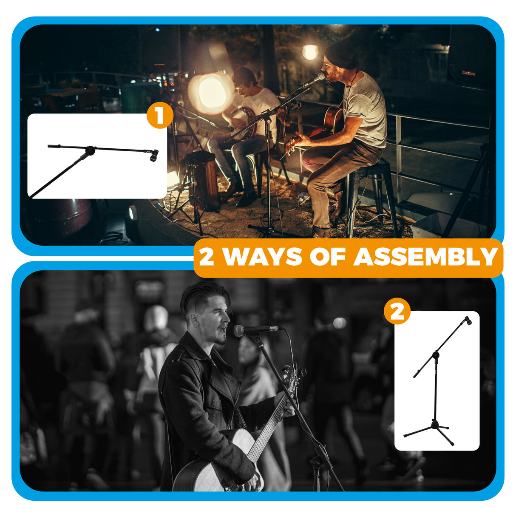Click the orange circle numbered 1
pyautogui.click(x=160, y=116)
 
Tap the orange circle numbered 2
pyautogui.click(x=397, y=311)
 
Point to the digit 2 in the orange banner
pyautogui.click(x=207, y=257)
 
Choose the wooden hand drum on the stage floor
pyautogui.click(x=204, y=179)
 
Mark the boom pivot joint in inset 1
pyautogui.click(x=91, y=150)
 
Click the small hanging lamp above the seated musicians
pyautogui.click(x=310, y=52)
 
